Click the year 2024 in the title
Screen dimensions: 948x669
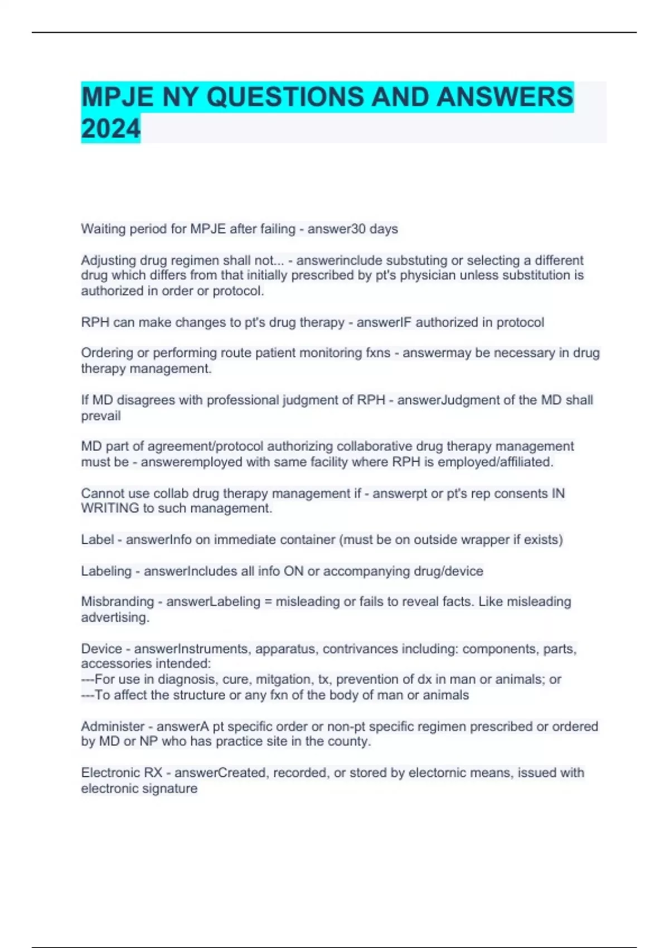click(110, 129)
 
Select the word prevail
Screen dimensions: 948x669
click(101, 416)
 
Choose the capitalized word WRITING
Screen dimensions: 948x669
click(110, 509)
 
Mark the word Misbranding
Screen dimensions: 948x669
click(117, 602)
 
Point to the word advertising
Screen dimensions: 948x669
click(115, 617)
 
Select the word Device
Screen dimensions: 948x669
click(101, 649)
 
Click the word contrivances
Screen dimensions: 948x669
click(360, 649)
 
